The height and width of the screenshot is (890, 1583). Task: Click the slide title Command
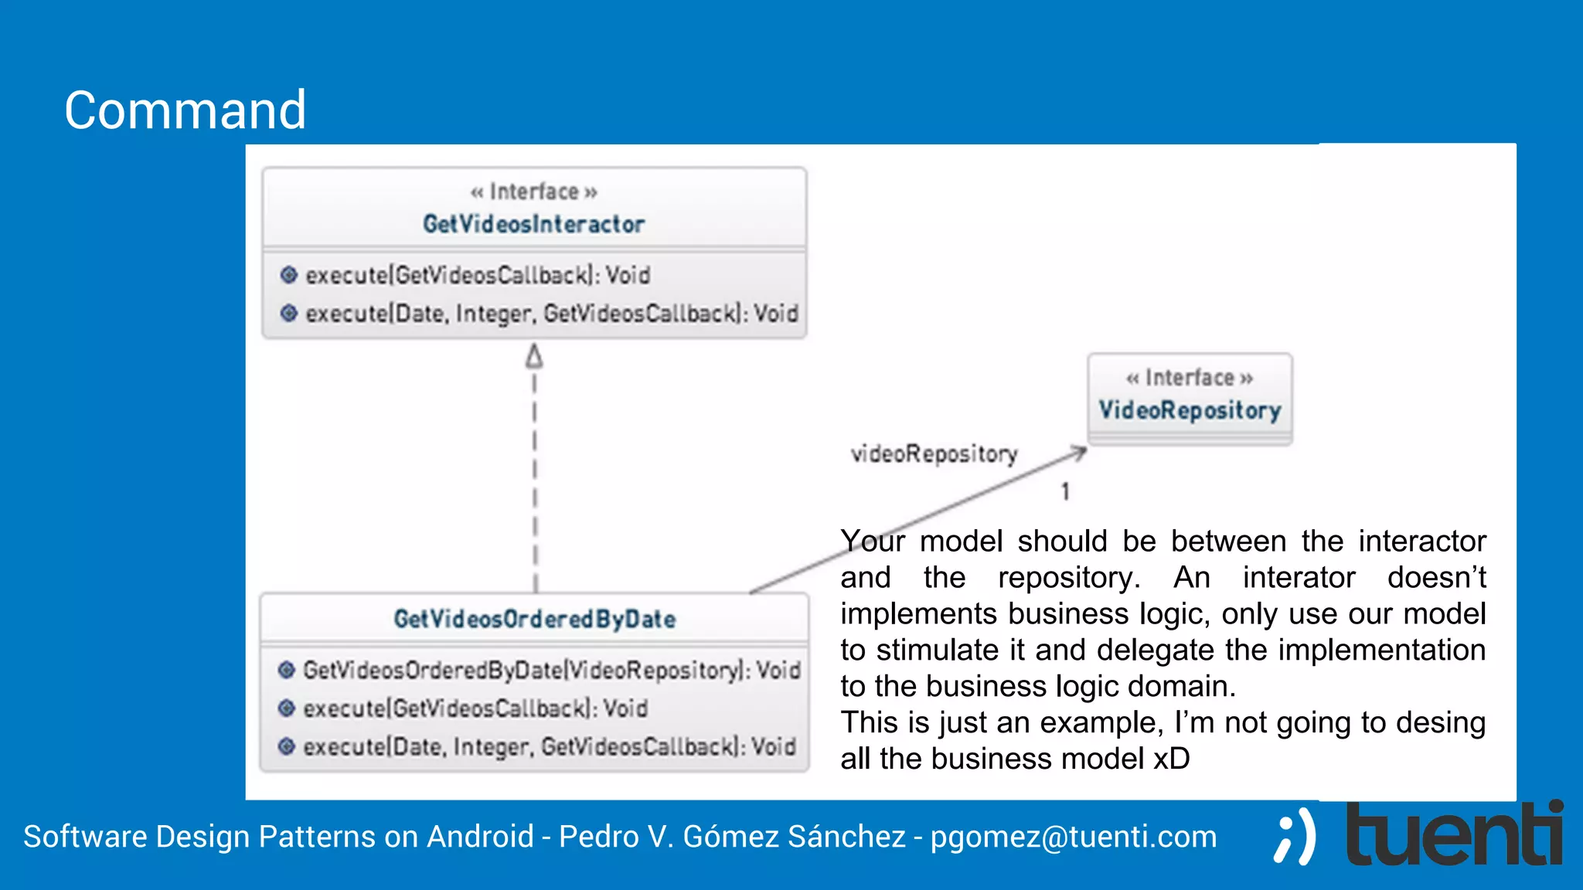pos(185,110)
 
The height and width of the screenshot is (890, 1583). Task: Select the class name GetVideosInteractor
pos(533,224)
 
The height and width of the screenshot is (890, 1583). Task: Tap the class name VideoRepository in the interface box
pos(1190,409)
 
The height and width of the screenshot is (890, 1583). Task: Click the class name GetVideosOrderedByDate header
pos(535,619)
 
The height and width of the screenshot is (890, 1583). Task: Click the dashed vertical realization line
pos(535,479)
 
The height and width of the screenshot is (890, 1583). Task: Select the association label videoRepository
pos(934,453)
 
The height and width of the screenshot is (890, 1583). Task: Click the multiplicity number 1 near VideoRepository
pos(1065,491)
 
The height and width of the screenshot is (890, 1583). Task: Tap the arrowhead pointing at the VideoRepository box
pos(1079,452)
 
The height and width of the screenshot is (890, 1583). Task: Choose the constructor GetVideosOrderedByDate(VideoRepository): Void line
pos(551,670)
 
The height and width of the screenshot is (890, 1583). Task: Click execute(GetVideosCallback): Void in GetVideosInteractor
pos(477,275)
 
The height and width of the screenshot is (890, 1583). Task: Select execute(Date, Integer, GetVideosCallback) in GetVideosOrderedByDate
pos(549,747)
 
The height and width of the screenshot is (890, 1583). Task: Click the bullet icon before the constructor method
pos(287,670)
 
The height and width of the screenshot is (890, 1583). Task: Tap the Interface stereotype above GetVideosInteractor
pos(533,191)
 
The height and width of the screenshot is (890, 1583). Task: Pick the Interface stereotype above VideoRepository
pos(1189,378)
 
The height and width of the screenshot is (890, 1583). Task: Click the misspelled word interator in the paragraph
pos(1299,578)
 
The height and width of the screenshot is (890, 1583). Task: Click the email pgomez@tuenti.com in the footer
pos(1074,837)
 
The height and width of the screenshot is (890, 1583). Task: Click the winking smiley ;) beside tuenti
pos(1295,837)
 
